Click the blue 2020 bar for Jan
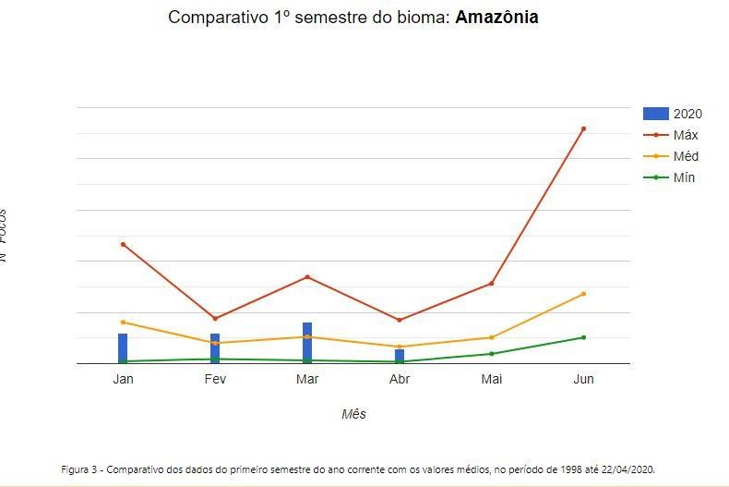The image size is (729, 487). click(x=123, y=348)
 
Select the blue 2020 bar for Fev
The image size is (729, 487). click(x=215, y=348)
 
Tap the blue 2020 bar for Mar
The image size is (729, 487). click(x=307, y=343)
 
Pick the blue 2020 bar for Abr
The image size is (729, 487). click(x=400, y=356)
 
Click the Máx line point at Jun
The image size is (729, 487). click(x=584, y=128)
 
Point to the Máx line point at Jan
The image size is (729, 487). click(x=123, y=244)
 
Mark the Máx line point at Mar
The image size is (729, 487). click(x=307, y=277)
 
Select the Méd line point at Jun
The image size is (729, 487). click(x=584, y=294)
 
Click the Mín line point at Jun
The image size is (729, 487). click(x=584, y=337)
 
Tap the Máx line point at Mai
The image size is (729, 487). click(x=492, y=283)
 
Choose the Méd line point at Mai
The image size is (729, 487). click(x=492, y=337)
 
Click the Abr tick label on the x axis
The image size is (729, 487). click(x=400, y=379)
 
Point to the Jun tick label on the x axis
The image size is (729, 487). click(x=584, y=379)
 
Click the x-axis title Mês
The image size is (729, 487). click(x=353, y=414)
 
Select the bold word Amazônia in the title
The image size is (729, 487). click(x=497, y=18)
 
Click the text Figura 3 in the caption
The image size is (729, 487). click(x=81, y=469)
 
